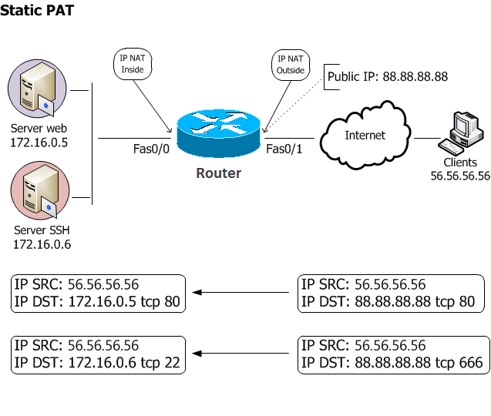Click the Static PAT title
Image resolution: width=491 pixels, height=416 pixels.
coord(37,12)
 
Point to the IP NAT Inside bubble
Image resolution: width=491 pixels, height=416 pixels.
coord(133,64)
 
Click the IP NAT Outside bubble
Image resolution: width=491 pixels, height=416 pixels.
coord(291,64)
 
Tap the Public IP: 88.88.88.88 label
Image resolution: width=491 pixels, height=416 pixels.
coord(387,77)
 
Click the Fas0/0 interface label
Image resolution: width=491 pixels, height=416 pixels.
coord(151,149)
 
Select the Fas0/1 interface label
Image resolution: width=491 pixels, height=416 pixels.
coord(284,149)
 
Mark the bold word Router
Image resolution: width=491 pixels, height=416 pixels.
coord(218,173)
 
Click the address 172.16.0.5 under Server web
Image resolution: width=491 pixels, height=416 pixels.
coord(39,143)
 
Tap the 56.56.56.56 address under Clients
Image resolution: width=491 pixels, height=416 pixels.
coord(460,176)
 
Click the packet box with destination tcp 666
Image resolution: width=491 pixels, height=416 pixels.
coord(392,354)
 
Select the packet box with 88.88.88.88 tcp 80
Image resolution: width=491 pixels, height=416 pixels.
coord(392,293)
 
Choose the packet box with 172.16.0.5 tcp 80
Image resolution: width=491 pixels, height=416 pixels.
coord(99,293)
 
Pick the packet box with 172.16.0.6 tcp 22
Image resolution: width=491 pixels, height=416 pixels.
coord(99,354)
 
